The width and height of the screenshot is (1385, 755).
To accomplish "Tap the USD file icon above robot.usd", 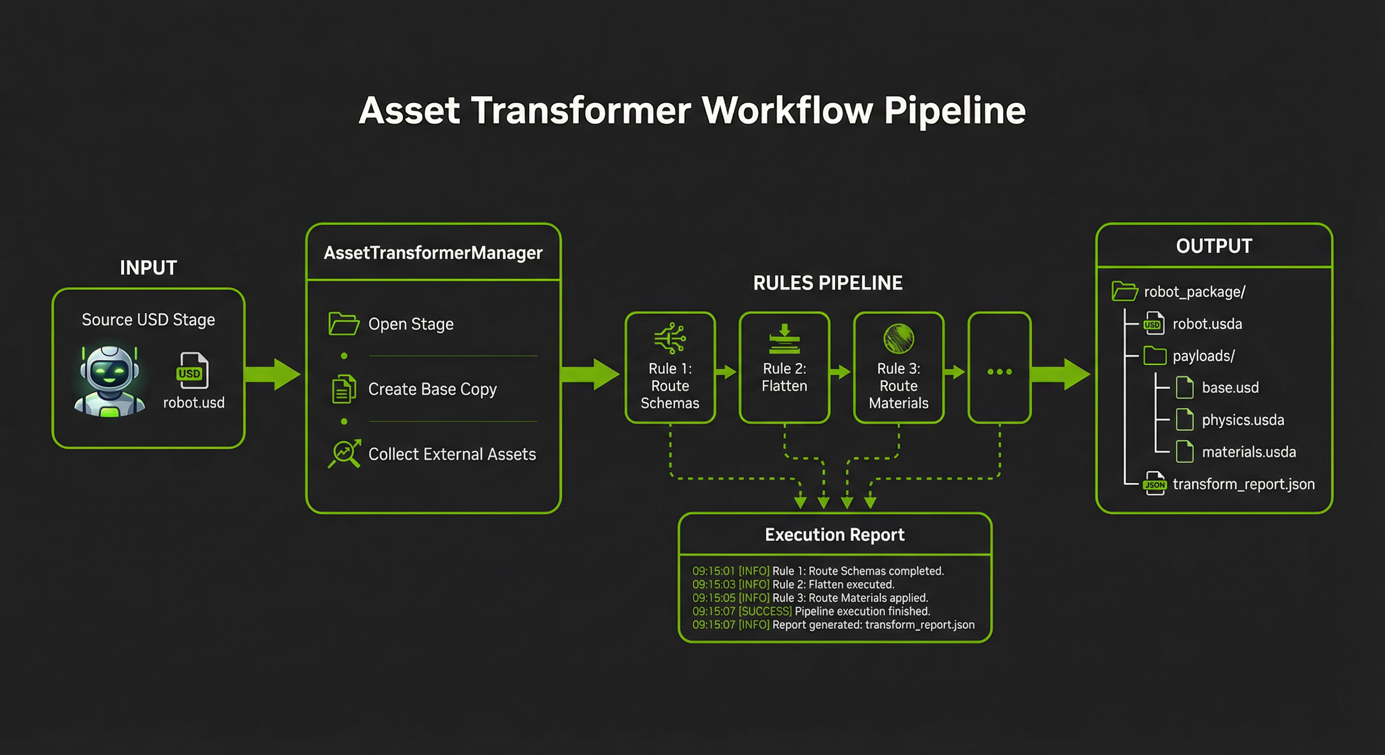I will click(192, 370).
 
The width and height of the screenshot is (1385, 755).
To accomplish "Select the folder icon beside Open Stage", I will click(344, 323).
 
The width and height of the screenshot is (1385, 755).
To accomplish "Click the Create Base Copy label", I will click(432, 389).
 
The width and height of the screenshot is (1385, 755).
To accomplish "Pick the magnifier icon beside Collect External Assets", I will click(344, 454).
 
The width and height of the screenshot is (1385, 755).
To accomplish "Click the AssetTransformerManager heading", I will click(433, 253).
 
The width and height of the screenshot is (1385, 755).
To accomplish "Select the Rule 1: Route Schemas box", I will click(670, 368).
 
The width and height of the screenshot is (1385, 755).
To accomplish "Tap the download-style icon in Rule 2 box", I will click(784, 339).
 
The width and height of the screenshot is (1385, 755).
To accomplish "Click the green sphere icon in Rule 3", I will click(899, 339).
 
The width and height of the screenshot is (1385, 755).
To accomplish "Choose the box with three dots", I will click(999, 368).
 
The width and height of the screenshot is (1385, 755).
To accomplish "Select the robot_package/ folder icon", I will click(1124, 291).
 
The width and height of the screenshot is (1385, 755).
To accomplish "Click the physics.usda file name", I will click(1242, 420).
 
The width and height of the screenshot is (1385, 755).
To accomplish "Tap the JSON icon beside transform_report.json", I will click(1154, 484).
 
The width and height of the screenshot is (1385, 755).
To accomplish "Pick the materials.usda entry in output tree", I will click(1248, 452).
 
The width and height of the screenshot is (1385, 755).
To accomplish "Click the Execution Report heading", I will click(835, 535).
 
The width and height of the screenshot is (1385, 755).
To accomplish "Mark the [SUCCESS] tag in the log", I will click(765, 611).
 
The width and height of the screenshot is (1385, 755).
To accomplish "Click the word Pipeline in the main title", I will click(954, 111).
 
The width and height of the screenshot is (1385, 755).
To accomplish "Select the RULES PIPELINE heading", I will click(827, 283).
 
